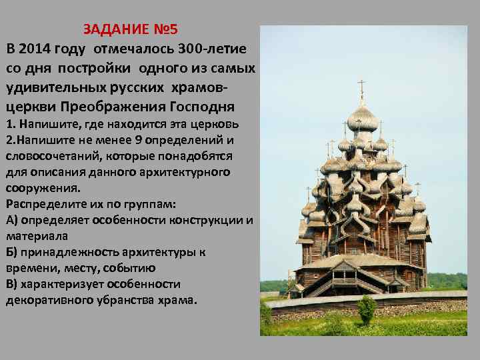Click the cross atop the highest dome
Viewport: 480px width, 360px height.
(362, 86)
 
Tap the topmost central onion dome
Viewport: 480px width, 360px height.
(363, 119)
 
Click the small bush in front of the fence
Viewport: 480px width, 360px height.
(367, 309)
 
